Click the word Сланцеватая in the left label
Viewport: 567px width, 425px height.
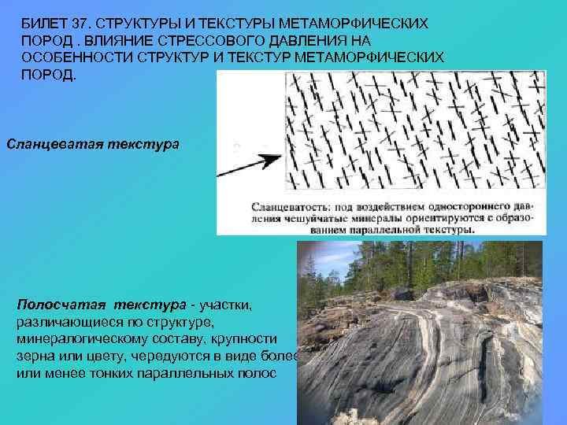pyautogui.click(x=49, y=145)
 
